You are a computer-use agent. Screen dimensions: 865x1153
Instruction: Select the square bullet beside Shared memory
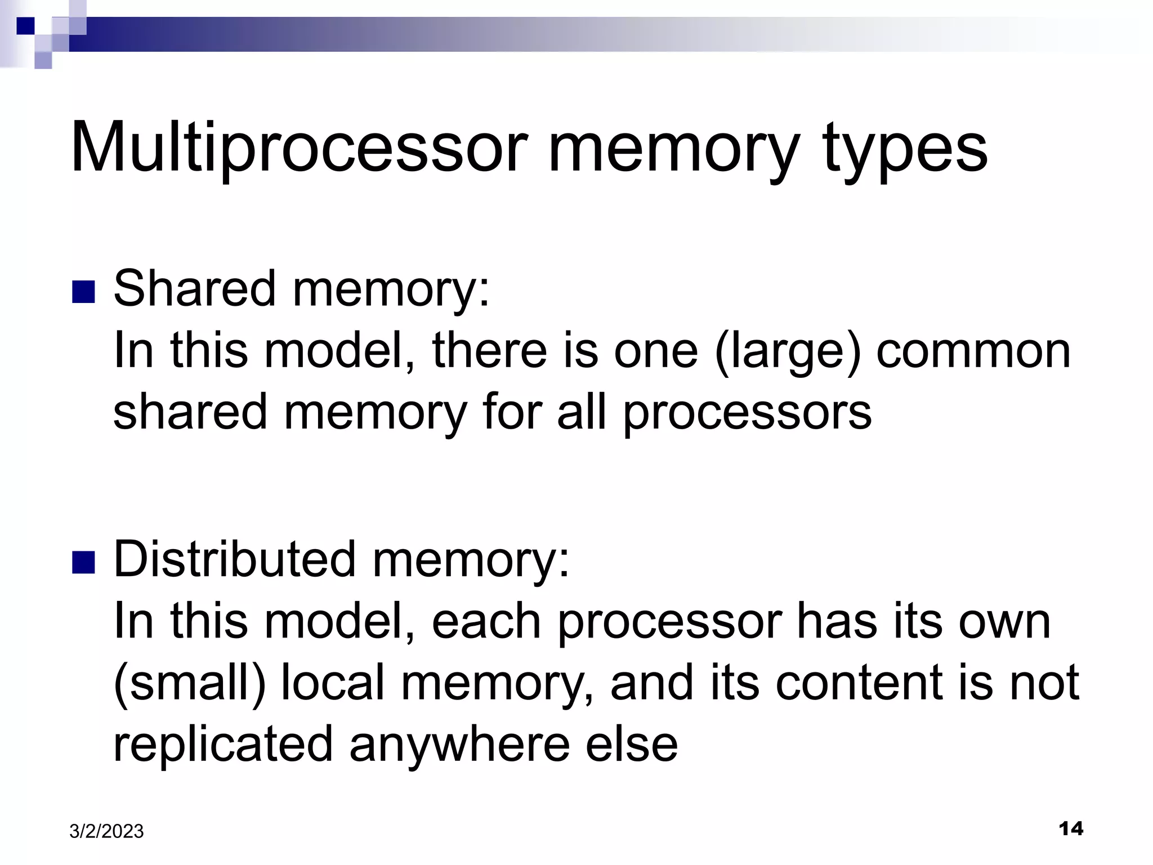83,292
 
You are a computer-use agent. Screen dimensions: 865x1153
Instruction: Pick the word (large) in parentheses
788,350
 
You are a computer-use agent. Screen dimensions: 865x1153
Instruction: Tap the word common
973,351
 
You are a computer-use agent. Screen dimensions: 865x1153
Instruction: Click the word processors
747,412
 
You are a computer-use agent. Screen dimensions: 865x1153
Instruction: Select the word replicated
224,743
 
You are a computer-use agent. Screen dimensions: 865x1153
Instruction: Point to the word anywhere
459,744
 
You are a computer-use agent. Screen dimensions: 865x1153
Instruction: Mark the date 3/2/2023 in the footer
106,831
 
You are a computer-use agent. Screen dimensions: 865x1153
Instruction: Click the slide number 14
1071,828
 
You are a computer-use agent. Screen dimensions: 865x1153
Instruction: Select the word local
332,683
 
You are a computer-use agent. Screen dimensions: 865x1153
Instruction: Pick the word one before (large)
655,351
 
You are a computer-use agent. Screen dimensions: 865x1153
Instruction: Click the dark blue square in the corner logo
25,25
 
